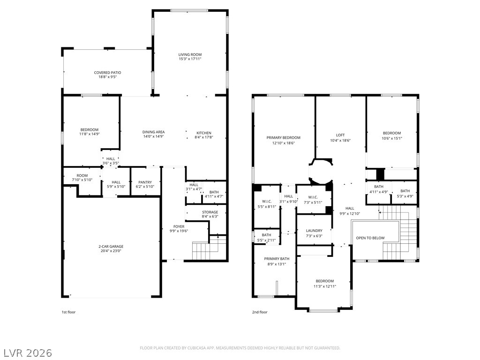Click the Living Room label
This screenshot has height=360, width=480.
190,55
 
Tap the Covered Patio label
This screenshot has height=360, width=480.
107,73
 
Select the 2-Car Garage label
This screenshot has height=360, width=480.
111,247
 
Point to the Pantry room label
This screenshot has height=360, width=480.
145,182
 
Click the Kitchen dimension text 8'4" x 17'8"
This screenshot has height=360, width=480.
203,137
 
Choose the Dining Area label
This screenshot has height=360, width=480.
153,132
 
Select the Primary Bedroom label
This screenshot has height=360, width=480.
283,138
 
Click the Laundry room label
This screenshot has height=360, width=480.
314,231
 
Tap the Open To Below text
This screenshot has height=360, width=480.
370,238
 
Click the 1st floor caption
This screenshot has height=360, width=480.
68,312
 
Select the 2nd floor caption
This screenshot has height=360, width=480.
260,312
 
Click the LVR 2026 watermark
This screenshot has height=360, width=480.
27,352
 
